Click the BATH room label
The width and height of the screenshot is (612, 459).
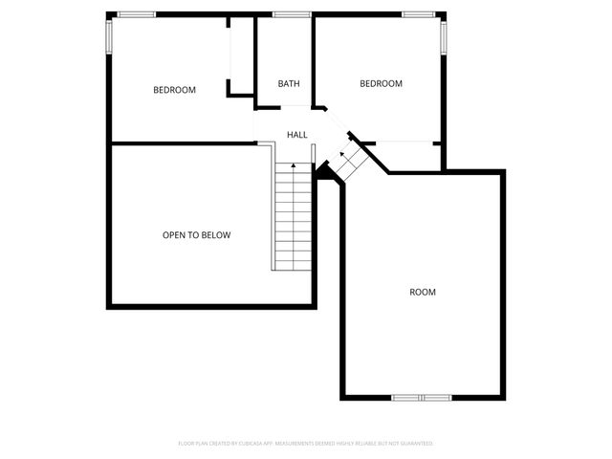[289, 84]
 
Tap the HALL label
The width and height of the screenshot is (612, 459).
[297, 135]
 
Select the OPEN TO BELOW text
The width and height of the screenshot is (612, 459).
[196, 234]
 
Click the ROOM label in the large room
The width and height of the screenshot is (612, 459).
[423, 292]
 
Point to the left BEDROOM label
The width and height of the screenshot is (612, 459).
[174, 90]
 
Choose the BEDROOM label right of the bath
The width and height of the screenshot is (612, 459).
[381, 84]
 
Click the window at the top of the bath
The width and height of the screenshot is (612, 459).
[291, 14]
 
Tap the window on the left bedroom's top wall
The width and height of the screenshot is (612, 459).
[136, 14]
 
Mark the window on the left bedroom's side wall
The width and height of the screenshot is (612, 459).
[108, 37]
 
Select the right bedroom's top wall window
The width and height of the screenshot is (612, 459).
[418, 14]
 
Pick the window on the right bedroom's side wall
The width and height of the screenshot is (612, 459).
[444, 36]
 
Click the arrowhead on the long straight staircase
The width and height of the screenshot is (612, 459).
[294, 167]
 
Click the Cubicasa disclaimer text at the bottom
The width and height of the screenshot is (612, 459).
[306, 444]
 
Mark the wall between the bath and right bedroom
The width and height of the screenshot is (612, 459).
[315, 57]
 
